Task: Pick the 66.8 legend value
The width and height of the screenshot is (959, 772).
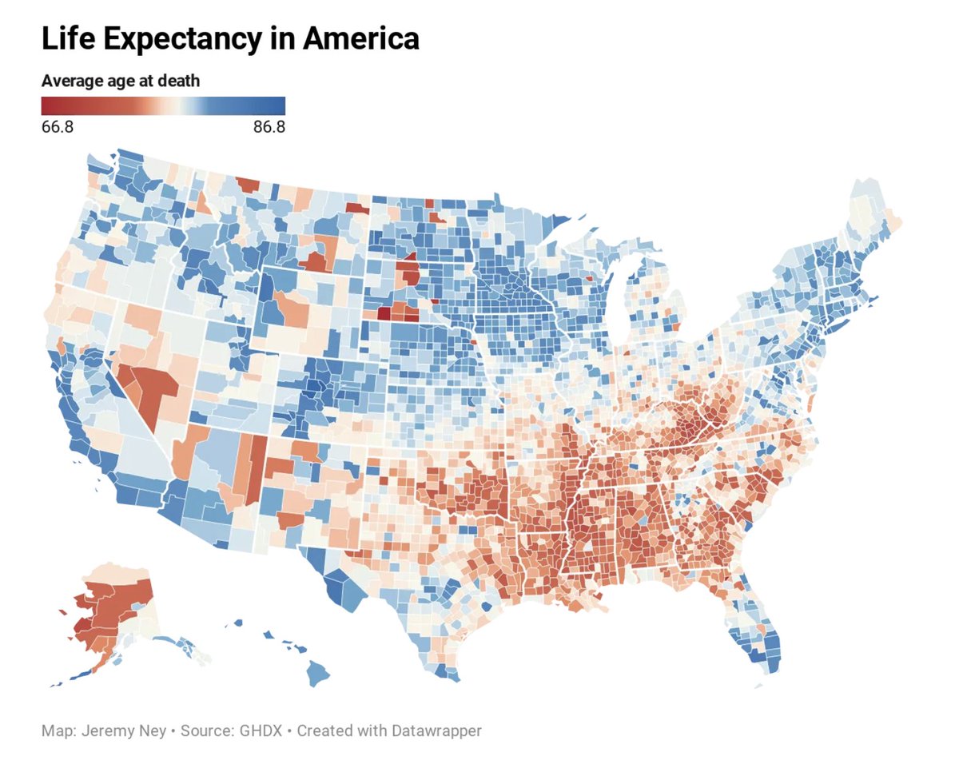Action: (58, 127)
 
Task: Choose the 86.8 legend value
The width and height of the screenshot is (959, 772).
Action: (269, 127)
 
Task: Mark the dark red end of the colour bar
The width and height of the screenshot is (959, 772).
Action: (46, 106)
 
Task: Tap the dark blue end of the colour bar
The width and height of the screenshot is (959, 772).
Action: (280, 106)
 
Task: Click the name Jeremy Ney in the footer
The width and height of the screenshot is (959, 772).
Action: (125, 730)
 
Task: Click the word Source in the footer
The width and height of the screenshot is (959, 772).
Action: (204, 730)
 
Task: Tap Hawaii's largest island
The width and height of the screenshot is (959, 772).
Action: (318, 674)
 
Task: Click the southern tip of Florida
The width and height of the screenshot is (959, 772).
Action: (769, 670)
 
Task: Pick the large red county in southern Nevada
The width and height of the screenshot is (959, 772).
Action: (152, 391)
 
